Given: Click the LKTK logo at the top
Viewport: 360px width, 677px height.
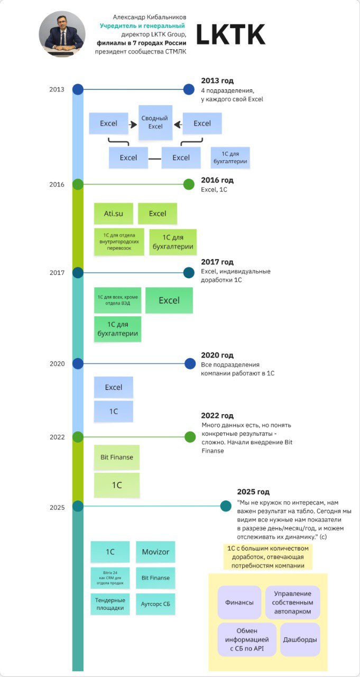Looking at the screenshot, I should click(x=230, y=35).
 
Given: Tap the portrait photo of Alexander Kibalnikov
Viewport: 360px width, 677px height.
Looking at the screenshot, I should click(x=62, y=35).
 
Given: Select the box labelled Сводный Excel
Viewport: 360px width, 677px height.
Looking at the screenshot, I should click(x=155, y=123).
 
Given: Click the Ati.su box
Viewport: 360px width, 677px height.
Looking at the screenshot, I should click(x=114, y=214).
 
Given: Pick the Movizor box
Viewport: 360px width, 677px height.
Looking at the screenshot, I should click(x=155, y=552).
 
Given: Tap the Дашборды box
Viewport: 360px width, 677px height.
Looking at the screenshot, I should click(x=300, y=639).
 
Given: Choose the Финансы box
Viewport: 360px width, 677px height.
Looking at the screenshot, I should click(x=239, y=602).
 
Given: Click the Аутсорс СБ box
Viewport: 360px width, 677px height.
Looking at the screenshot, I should click(x=155, y=603).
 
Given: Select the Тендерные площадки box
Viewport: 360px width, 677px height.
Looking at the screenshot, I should click(x=110, y=604).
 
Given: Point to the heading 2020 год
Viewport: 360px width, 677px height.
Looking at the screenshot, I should click(x=217, y=355).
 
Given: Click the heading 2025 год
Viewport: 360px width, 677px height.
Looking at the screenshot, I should click(x=253, y=491).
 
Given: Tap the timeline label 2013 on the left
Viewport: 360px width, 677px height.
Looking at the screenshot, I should click(x=57, y=89).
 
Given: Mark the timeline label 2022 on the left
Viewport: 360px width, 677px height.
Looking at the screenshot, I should click(x=57, y=437).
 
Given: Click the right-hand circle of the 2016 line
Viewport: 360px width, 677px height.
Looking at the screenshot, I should click(x=189, y=184).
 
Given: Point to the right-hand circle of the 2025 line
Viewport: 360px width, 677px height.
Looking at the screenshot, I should click(x=226, y=506).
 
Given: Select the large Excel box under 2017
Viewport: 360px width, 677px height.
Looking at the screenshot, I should click(x=169, y=300).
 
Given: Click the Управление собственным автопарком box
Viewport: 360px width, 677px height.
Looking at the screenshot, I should click(x=292, y=602).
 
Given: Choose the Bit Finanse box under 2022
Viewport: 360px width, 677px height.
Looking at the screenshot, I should click(x=117, y=457).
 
